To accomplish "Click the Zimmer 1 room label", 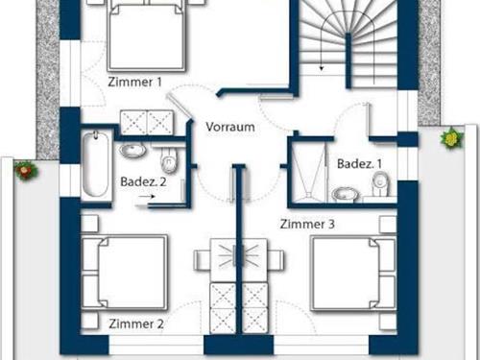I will click(x=134, y=83).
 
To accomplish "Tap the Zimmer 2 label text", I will click(x=136, y=323).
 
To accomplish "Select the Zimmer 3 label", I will click(x=307, y=224).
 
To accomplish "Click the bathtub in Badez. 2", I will click(x=93, y=165).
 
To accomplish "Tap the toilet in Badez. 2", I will click(x=170, y=158).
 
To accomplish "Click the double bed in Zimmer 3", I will click(x=352, y=272).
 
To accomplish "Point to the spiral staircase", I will click(x=350, y=38).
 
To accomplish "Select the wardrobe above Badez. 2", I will click(x=145, y=121).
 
